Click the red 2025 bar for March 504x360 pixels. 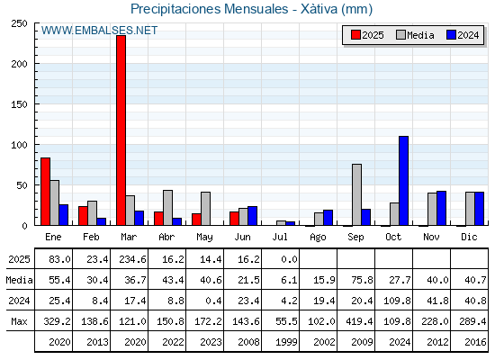click(x=121, y=130)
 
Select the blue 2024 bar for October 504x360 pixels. click(x=403, y=181)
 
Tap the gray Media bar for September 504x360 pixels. click(x=356, y=194)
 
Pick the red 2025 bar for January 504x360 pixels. click(x=45, y=192)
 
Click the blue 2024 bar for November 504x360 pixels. click(x=441, y=208)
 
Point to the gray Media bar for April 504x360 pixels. click(x=167, y=208)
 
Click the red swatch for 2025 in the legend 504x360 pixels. click(x=355, y=35)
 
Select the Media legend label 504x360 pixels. click(x=420, y=35)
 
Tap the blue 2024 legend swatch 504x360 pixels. click(x=451, y=35)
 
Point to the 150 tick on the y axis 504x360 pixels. click(x=19, y=104)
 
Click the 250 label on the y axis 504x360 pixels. click(x=19, y=23)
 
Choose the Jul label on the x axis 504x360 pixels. click(x=280, y=237)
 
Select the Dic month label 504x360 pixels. click(x=469, y=237)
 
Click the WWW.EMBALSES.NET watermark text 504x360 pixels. click(x=99, y=31)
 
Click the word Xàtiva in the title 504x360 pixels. click(x=319, y=9)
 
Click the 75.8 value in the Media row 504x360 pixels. click(x=362, y=280)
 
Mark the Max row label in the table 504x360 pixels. click(x=19, y=321)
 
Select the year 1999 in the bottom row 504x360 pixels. click(x=286, y=342)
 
